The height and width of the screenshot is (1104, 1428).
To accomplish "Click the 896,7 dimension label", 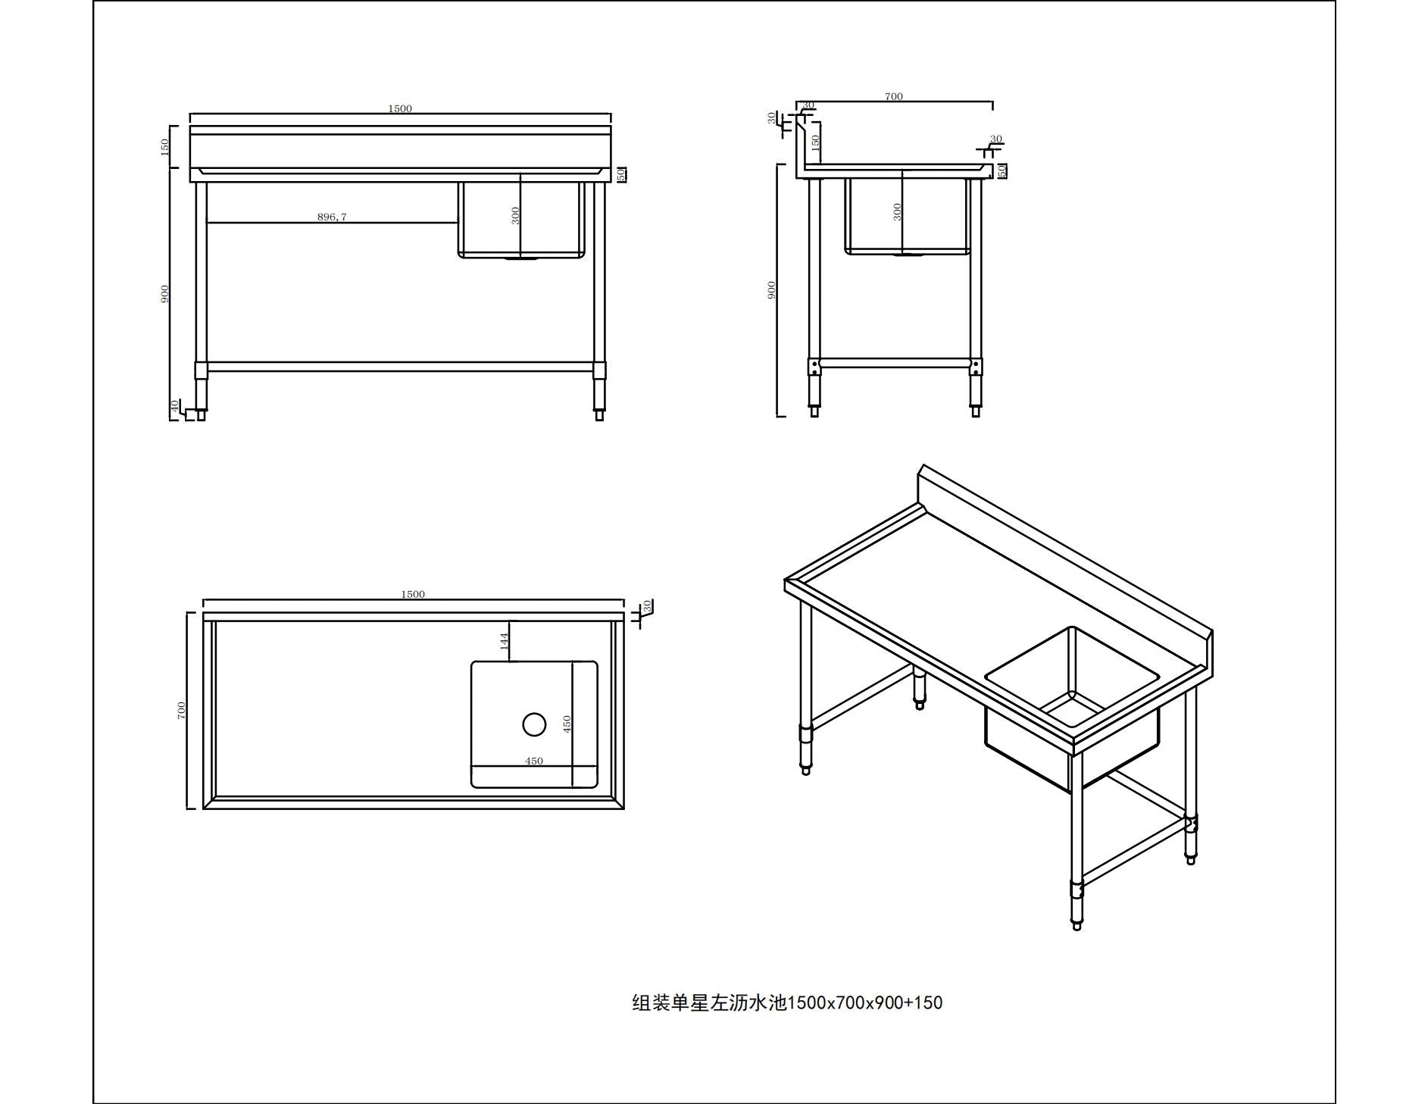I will [332, 217].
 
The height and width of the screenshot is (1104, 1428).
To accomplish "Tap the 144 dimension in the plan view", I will [505, 641].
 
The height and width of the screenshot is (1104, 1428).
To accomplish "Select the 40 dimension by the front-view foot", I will [175, 406].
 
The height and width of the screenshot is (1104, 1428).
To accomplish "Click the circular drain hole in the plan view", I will [534, 724].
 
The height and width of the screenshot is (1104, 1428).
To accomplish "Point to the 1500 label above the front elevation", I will [400, 108].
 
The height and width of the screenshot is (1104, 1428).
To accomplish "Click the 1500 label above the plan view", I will [413, 594].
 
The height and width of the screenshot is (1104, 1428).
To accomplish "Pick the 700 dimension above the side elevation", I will [894, 96].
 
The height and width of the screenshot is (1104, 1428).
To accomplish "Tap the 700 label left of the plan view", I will [181, 710].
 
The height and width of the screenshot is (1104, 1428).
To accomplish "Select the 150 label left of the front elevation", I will [164, 147].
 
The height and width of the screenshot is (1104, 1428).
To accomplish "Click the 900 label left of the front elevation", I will [164, 294].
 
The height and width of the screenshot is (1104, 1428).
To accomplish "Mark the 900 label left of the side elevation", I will [771, 289].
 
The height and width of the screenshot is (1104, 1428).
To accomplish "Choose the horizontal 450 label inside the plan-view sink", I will [534, 762].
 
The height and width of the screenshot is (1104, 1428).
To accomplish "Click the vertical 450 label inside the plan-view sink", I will [567, 724].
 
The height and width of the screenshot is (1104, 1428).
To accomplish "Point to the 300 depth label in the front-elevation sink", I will [516, 216].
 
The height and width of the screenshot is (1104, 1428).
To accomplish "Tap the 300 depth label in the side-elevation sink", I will [898, 211].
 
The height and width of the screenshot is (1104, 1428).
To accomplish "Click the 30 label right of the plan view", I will [647, 607].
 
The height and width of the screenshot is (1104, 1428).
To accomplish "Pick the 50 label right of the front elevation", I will [621, 174].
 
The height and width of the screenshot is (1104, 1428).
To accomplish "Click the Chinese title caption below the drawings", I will [787, 1002].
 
